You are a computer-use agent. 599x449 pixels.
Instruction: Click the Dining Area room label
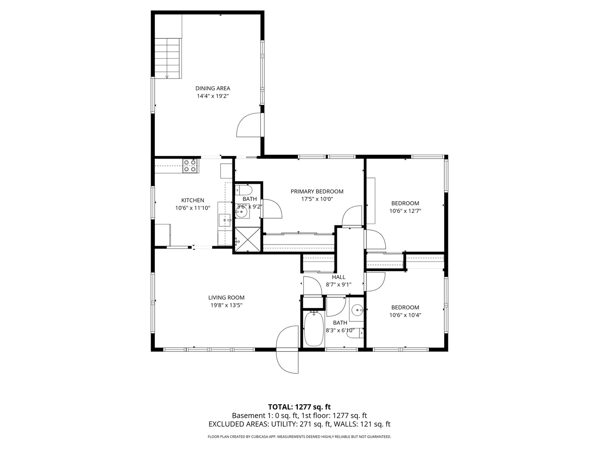coord(213,88)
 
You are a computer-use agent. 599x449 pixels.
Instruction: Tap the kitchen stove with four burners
coord(190,166)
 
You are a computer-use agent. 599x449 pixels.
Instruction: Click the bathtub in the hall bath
coord(314,328)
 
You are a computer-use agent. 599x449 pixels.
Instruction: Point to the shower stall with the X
coord(248,239)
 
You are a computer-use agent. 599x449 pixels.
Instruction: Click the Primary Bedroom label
coord(317,191)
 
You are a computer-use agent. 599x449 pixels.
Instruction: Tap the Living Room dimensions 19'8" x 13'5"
coord(226,305)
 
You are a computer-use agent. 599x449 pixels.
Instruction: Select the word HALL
coord(339,277)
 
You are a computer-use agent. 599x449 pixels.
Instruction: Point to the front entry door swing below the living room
coord(287,350)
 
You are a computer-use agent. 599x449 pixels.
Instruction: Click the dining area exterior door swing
coord(249,125)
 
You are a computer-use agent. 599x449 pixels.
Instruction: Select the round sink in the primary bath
coord(242,212)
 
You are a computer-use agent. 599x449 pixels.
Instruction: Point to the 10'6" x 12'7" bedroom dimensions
coord(405,211)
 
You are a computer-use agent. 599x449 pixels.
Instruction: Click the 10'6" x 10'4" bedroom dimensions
coord(405,315)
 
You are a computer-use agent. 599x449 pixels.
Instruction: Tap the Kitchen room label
coord(193,200)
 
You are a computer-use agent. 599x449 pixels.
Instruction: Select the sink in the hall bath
coord(357,309)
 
